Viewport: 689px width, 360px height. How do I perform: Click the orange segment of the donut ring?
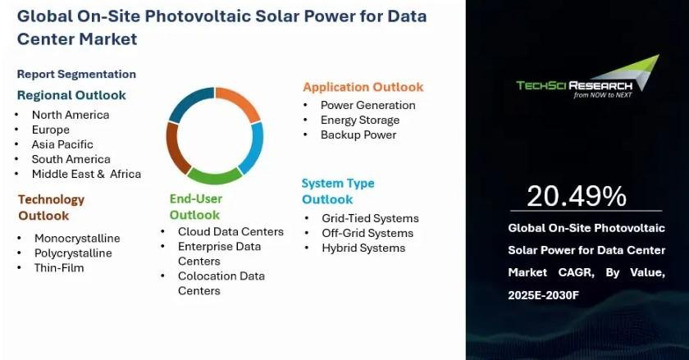(241, 102)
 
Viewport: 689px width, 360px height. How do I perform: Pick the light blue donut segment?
(253, 148)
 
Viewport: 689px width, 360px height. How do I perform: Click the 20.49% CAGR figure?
(577, 196)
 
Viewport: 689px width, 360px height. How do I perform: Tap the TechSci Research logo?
(588, 77)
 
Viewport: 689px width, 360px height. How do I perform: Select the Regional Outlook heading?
(71, 95)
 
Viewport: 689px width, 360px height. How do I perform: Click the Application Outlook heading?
(363, 87)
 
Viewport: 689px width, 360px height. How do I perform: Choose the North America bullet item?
(71, 115)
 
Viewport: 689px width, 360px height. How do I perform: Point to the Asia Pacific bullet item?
(62, 144)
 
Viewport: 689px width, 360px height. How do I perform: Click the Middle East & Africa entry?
(86, 174)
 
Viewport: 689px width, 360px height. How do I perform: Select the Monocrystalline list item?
(77, 239)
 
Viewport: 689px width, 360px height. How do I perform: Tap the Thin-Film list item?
(59, 267)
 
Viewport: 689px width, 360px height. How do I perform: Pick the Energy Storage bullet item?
(360, 120)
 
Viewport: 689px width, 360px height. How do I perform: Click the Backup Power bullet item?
(358, 135)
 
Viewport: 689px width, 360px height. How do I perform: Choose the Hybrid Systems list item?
(363, 248)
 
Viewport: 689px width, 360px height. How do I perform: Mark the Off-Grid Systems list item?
(367, 233)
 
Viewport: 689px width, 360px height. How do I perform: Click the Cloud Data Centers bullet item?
(230, 231)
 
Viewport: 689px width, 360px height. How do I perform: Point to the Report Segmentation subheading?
(76, 74)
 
